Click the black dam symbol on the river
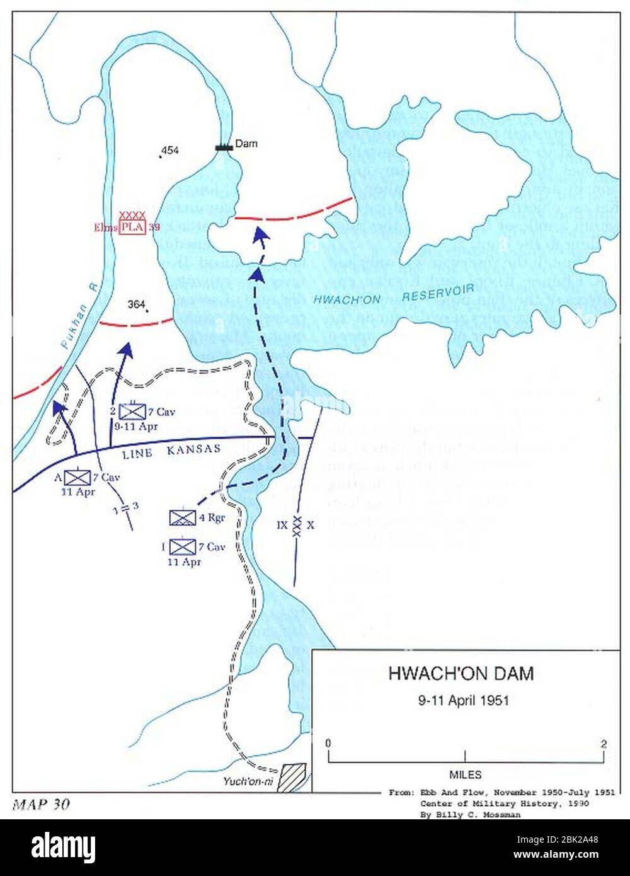[x=224, y=147]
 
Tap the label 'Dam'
[x=246, y=144]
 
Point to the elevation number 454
[x=170, y=151]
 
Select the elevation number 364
[x=137, y=304]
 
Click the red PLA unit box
[x=133, y=227]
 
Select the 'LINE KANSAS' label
[x=171, y=450]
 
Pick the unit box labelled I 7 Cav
[x=183, y=546]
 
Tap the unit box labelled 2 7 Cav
[x=132, y=412]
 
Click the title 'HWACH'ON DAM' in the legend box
[x=461, y=674]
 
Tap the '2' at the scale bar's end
[x=604, y=744]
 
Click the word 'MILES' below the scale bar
[x=466, y=775]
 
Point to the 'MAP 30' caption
[x=41, y=804]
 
